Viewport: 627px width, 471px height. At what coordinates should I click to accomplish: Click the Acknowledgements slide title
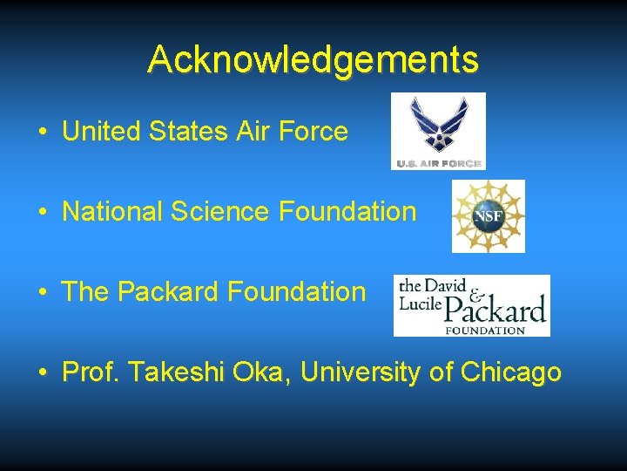313,60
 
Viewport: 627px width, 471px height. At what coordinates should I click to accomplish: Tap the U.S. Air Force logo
438,131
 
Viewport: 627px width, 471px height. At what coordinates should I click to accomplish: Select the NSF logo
488,216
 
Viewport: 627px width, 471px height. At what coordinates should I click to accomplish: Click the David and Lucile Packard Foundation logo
471,305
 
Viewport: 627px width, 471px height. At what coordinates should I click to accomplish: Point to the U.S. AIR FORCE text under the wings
438,163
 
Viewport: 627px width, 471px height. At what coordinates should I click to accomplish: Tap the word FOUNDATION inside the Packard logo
484,330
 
